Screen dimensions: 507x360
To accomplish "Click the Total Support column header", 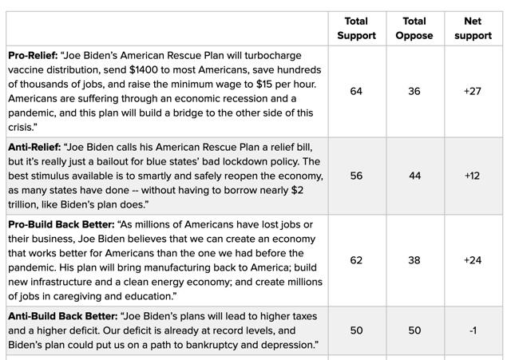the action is pyautogui.click(x=356, y=28).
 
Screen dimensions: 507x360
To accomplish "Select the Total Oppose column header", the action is pyautogui.click(x=414, y=28).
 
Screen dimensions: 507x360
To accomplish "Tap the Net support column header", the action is pyautogui.click(x=473, y=28).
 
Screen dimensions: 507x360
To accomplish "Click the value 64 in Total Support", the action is pyautogui.click(x=356, y=91).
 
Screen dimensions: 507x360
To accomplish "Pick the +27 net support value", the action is pyautogui.click(x=473, y=91).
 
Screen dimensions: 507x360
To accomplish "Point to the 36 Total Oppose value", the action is pyautogui.click(x=414, y=91).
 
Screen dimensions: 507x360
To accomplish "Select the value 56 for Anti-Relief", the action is pyautogui.click(x=356, y=176).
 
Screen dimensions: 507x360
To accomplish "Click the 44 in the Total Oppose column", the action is pyautogui.click(x=415, y=176).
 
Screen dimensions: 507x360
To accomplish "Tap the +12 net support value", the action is pyautogui.click(x=472, y=176).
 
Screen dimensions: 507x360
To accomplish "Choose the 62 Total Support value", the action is pyautogui.click(x=356, y=260).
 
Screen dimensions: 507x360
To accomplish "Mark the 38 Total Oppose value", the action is pyautogui.click(x=414, y=260).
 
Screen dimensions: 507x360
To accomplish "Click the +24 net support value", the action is pyautogui.click(x=473, y=260).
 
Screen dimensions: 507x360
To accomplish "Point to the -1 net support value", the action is pyautogui.click(x=473, y=330).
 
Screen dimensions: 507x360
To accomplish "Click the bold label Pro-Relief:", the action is pyautogui.click(x=33, y=56).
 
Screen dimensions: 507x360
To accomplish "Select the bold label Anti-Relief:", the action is pyautogui.click(x=34, y=148).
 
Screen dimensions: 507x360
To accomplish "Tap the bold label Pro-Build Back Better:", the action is pyautogui.click(x=61, y=224).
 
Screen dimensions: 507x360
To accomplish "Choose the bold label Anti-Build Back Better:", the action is pyautogui.click(x=63, y=316).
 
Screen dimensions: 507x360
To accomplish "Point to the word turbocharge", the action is pyautogui.click(x=273, y=56).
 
